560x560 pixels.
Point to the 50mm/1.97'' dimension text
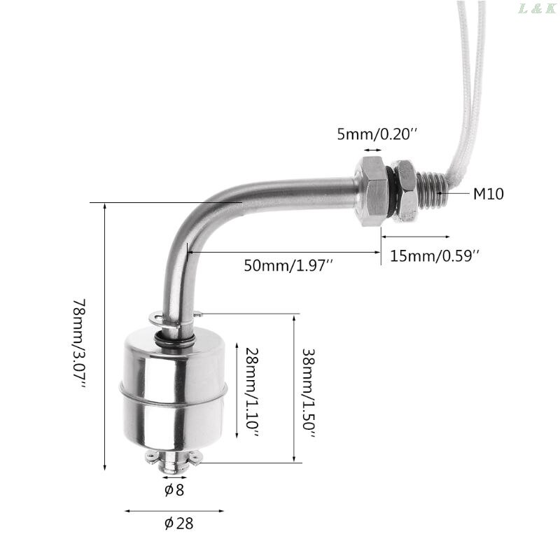pyautogui.click(x=288, y=265)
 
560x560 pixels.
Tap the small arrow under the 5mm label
pyautogui.click(x=371, y=149)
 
